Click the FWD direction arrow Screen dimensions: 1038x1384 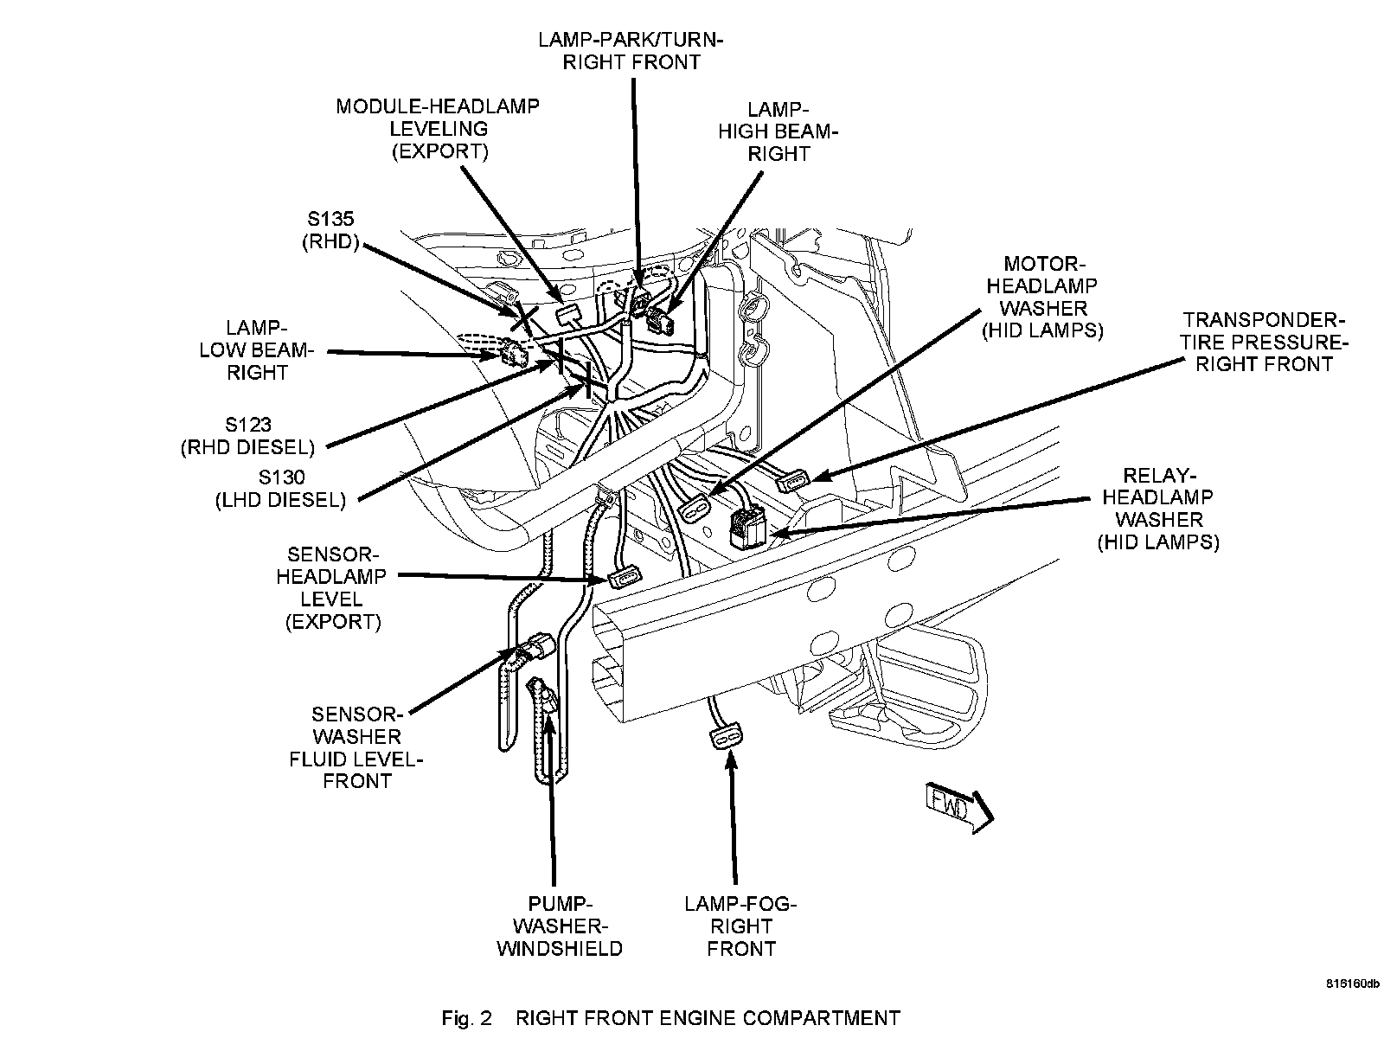959,807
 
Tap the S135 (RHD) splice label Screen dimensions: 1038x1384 329,230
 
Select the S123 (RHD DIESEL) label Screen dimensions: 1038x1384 247,436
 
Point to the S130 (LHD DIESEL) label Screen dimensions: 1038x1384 280,488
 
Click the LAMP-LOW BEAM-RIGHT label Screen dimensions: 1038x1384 257,350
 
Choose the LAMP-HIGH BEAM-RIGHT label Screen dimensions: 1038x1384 778,132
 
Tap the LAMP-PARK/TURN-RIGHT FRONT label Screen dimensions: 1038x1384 631,50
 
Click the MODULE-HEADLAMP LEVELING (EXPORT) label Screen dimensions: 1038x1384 439,129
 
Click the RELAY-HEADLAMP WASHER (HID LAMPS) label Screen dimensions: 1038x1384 1158,509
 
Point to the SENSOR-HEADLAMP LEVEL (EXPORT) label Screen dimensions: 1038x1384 332,587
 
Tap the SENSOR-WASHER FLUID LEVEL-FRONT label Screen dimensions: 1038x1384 356,747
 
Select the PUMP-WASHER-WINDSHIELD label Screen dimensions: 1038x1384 559,926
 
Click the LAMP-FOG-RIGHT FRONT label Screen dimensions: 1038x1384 740,926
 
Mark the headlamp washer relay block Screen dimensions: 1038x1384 746,526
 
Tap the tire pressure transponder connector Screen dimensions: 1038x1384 793,479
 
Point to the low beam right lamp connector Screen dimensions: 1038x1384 514,352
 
